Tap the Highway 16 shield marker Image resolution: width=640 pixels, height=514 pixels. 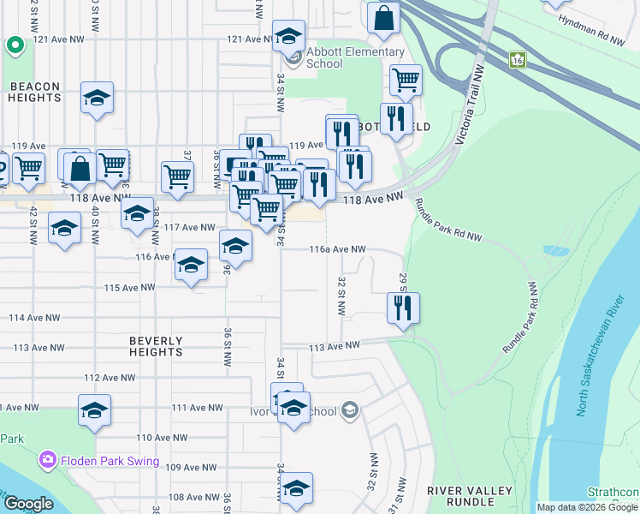pos(517,60)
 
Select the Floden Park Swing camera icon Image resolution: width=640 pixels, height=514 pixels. pos(47,461)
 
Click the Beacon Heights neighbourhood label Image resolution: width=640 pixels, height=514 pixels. pos(36,92)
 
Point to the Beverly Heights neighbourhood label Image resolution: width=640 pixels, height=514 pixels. pos(156,346)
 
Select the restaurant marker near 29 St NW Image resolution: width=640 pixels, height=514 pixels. pos(402,307)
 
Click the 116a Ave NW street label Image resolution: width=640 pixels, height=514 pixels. pos(337,249)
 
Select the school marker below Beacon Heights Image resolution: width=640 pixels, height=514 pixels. pos(98,99)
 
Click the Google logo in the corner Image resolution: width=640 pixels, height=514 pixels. pos(28,504)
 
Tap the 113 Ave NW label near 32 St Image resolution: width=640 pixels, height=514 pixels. pos(330,347)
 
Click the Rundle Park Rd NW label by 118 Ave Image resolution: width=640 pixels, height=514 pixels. pos(447,219)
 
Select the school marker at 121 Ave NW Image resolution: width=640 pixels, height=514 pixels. pos(289,36)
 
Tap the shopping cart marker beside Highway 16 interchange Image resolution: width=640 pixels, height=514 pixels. pos(406,81)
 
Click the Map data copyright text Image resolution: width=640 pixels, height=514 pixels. pos(586,507)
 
